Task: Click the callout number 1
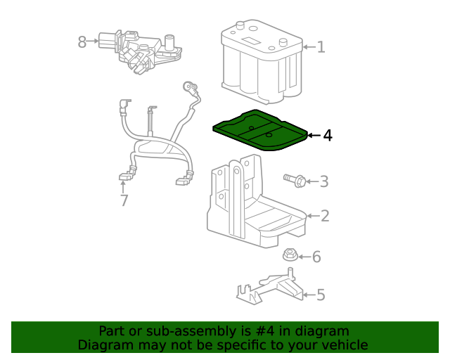(321, 47)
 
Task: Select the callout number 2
(324, 216)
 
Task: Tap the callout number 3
(324, 182)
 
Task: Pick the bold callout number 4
(328, 135)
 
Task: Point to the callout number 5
(321, 295)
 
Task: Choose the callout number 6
(316, 257)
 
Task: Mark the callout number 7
(124, 201)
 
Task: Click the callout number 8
(82, 42)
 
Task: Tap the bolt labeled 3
(295, 181)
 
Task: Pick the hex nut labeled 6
(290, 255)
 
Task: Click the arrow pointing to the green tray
(314, 135)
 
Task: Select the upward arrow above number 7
(124, 186)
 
